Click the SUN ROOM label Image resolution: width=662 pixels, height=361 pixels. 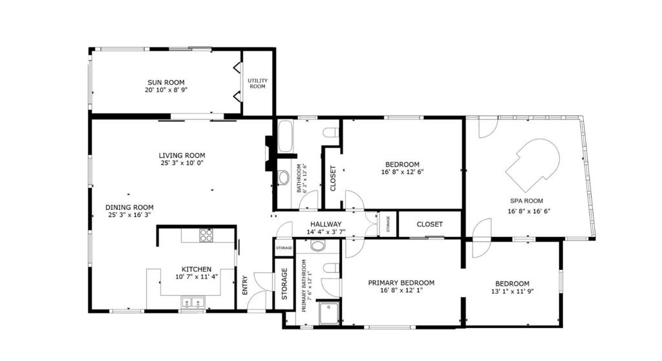pyautogui.click(x=165, y=83)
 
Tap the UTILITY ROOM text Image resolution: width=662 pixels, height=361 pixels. pyautogui.click(x=257, y=83)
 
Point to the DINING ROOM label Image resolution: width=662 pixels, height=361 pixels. pyautogui.click(x=129, y=207)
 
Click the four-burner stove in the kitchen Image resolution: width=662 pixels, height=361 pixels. pyautogui.click(x=206, y=235)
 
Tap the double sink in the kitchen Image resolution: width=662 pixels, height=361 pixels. pyautogui.click(x=193, y=302)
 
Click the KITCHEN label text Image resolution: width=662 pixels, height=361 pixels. pyautogui.click(x=196, y=269)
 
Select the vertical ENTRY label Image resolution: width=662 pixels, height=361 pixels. pyautogui.click(x=245, y=285)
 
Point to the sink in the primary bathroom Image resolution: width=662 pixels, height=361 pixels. pyautogui.click(x=317, y=245)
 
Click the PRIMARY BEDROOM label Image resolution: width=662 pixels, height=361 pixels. pyautogui.click(x=401, y=283)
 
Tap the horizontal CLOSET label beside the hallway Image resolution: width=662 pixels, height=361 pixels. pyautogui.click(x=429, y=225)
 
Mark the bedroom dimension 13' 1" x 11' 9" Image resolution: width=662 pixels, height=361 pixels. pyautogui.click(x=512, y=292)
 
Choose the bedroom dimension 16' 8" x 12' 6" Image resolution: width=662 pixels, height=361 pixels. pyautogui.click(x=402, y=172)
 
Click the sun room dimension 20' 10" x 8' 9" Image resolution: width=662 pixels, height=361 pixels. pyautogui.click(x=165, y=91)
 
